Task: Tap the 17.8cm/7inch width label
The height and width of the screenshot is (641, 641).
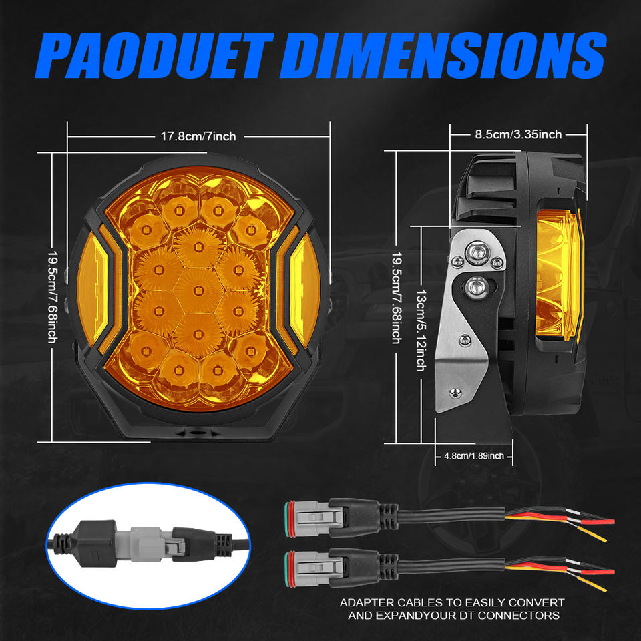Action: click(198, 136)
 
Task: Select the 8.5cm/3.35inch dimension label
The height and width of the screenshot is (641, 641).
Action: click(518, 134)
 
